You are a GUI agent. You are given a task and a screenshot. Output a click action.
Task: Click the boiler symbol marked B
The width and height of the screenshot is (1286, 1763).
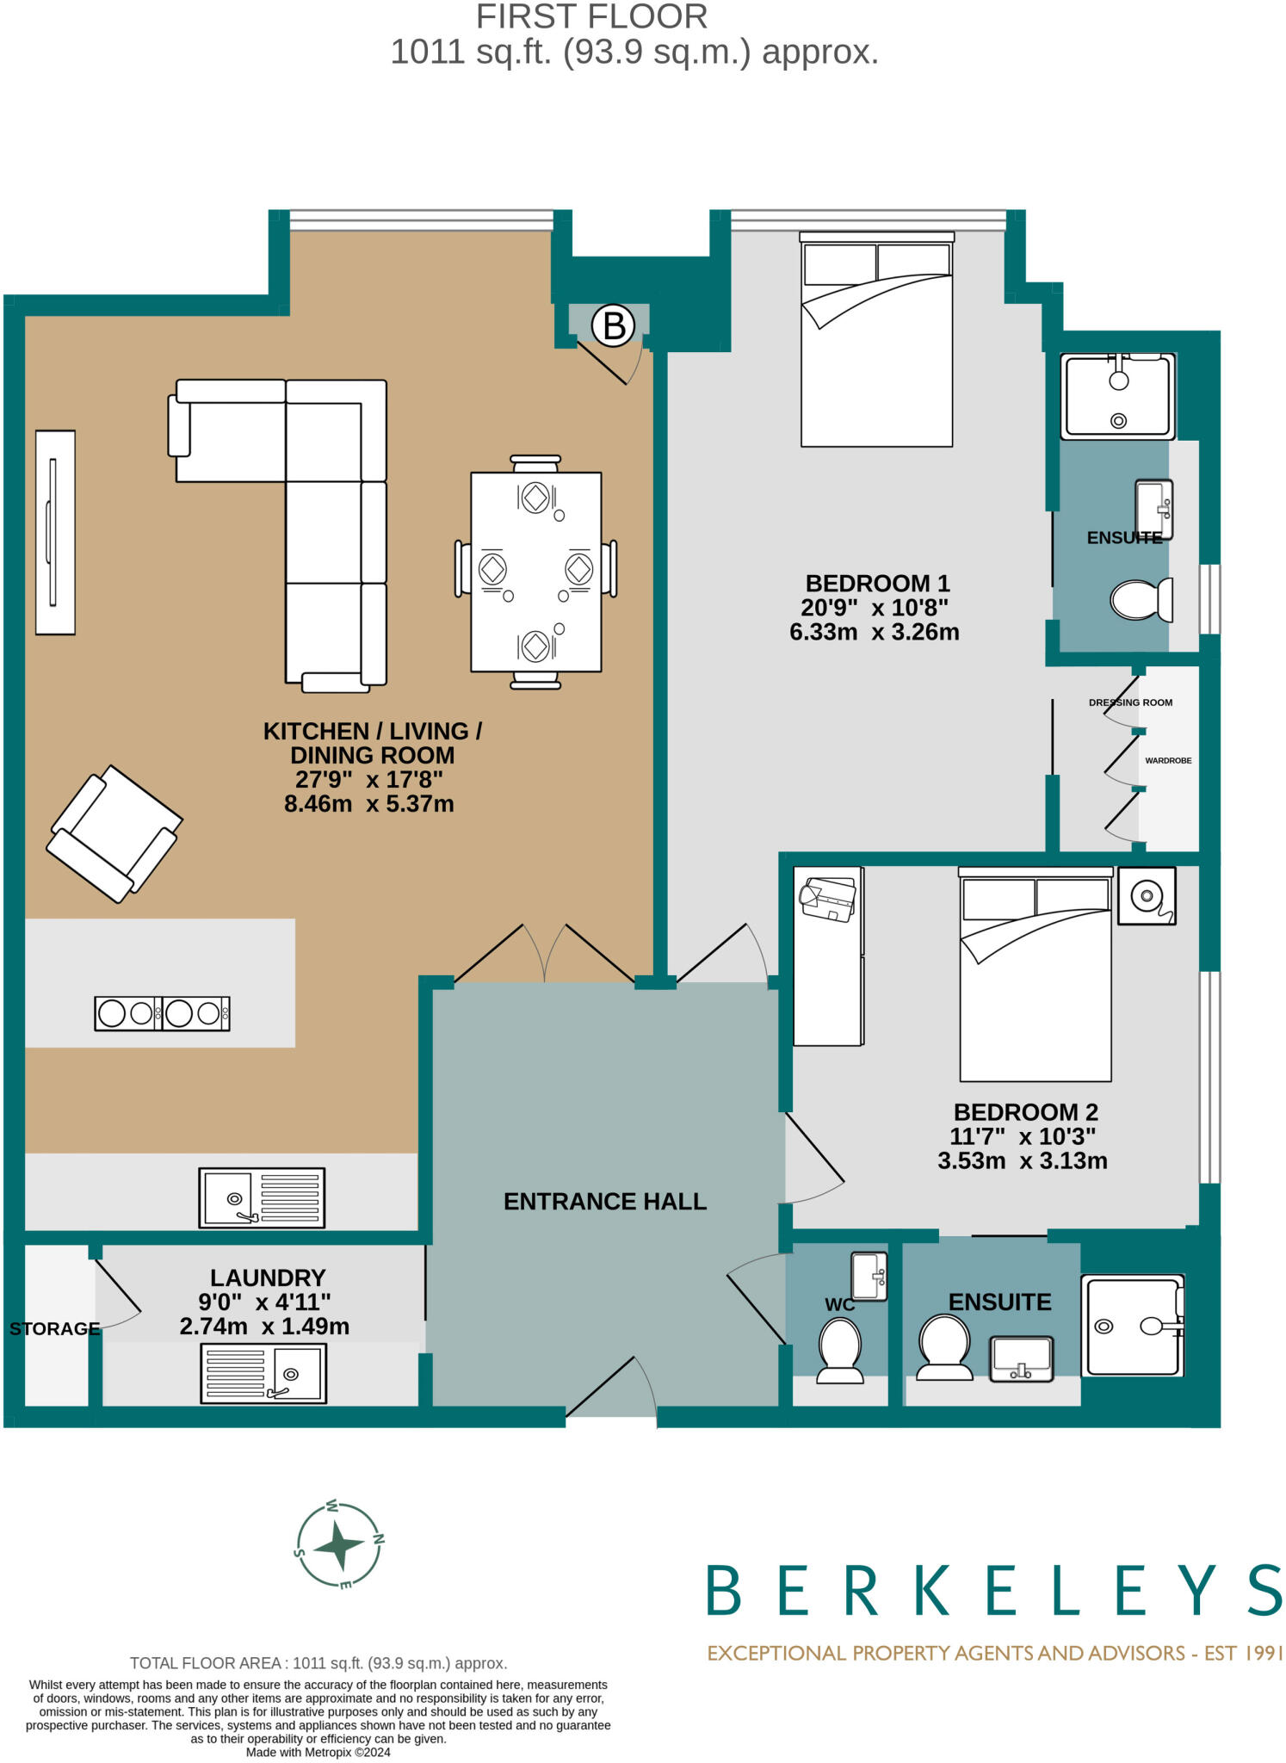click(x=613, y=325)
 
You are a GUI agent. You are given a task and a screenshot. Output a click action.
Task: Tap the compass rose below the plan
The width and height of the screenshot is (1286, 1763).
click(x=338, y=1546)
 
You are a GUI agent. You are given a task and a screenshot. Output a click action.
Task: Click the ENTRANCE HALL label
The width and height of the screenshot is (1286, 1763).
click(x=604, y=1202)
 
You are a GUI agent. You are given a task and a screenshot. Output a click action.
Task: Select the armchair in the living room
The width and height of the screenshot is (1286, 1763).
click(x=114, y=833)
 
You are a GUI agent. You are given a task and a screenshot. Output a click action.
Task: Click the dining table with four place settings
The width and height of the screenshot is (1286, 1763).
click(x=535, y=572)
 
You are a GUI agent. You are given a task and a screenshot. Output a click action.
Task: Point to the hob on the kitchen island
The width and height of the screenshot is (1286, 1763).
click(x=162, y=1013)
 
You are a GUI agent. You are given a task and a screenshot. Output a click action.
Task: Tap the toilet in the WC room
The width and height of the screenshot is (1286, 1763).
click(x=839, y=1351)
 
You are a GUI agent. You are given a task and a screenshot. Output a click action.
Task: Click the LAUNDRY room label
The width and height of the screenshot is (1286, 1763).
click(x=268, y=1277)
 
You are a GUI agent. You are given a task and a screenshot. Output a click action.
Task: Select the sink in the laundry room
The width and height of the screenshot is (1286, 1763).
click(x=263, y=1374)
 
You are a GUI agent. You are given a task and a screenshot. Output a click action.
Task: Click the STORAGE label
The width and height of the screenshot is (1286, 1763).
click(x=54, y=1329)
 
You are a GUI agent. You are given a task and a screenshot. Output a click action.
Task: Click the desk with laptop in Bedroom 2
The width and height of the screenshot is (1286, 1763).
click(x=828, y=956)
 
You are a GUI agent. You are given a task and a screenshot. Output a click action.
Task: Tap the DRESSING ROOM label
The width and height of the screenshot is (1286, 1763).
click(x=1130, y=702)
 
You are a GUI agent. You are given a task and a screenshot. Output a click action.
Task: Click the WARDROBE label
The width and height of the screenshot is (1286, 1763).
click(x=1167, y=761)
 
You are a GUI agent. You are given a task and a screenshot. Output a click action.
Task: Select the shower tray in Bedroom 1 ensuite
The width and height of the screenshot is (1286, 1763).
click(x=1117, y=397)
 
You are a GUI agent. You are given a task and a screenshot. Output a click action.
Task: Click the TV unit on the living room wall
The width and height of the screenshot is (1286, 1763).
click(x=55, y=533)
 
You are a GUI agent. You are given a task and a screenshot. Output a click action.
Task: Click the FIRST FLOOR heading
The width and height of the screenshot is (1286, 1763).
click(x=591, y=16)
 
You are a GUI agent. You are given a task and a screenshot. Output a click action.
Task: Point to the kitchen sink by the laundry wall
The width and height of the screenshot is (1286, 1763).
click(x=262, y=1197)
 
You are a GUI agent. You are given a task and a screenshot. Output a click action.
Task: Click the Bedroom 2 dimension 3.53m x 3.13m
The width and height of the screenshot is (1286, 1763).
click(x=1022, y=1160)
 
